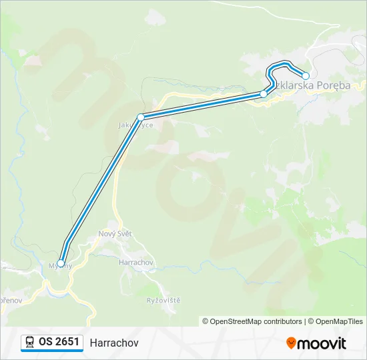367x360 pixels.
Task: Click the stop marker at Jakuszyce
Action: pyautogui.click(x=141, y=117)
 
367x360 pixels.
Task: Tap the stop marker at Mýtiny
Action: pyautogui.click(x=61, y=264)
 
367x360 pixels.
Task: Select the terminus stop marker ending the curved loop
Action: pyautogui.click(x=306, y=76)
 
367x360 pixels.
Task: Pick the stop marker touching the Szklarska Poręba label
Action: pyautogui.click(x=264, y=94)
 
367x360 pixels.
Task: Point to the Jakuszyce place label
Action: pyautogui.click(x=135, y=125)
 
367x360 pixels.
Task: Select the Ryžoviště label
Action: pyautogui.click(x=163, y=301)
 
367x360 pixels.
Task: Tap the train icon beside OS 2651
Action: pyautogui.click(x=29, y=343)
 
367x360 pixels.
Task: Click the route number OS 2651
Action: pyautogui.click(x=59, y=342)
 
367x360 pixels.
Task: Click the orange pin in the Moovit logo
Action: pyautogui.click(x=292, y=343)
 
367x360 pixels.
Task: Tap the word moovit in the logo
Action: pyautogui.click(x=322, y=343)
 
